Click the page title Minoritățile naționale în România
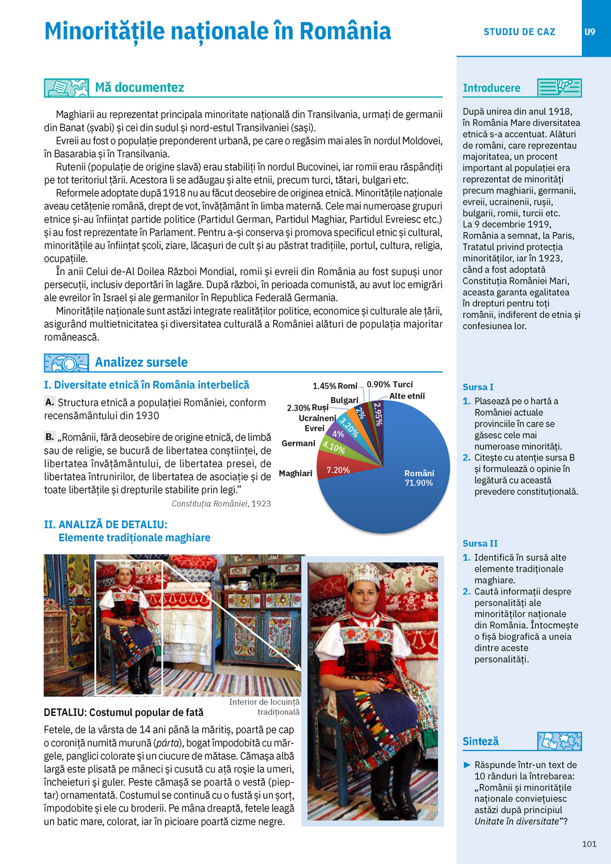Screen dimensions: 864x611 click(218, 31)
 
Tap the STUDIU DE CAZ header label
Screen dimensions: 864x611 click(519, 32)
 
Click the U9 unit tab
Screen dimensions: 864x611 click(590, 32)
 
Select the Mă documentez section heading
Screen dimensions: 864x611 click(140, 88)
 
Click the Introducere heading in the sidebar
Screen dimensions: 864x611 click(491, 88)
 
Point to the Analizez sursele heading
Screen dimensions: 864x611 click(141, 362)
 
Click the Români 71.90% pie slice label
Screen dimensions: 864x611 click(419, 478)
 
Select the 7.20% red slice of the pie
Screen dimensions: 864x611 click(337, 470)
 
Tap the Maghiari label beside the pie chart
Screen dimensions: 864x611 click(295, 474)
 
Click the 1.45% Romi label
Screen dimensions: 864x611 click(335, 386)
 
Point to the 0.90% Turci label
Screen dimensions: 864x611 click(390, 385)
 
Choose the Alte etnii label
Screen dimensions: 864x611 click(407, 396)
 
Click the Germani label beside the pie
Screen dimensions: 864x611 click(298, 443)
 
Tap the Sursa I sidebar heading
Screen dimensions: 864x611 click(478, 387)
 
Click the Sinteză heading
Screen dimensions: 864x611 click(480, 742)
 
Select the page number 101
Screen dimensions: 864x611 click(589, 844)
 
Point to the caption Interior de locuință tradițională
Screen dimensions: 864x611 click(264, 707)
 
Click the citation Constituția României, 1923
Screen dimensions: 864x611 click(221, 504)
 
